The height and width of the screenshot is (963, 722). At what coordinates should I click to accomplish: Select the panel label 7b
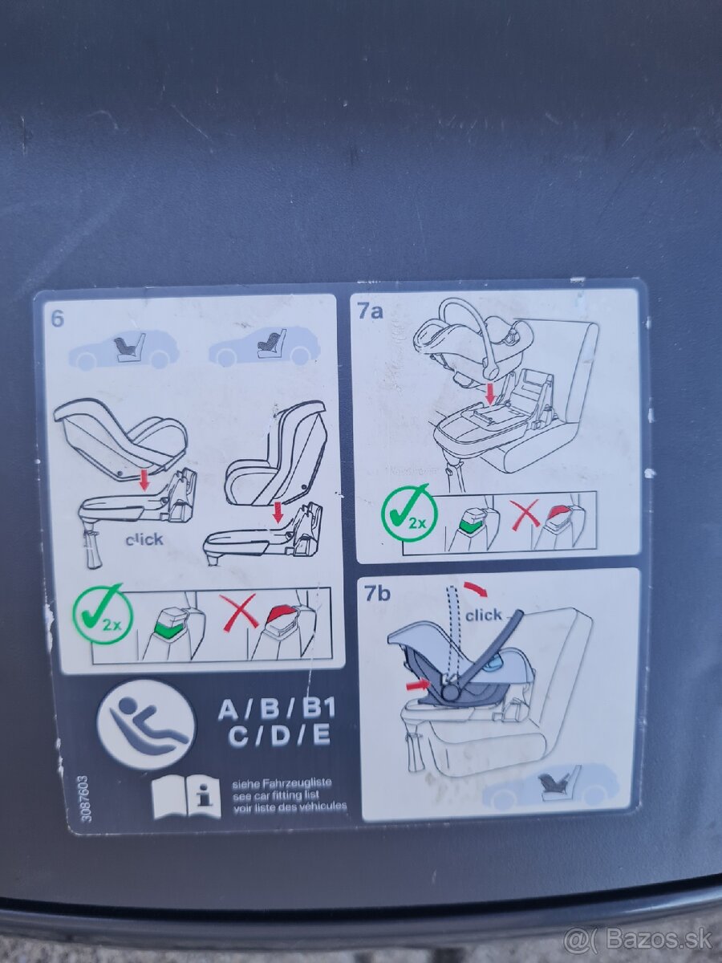tap(377, 594)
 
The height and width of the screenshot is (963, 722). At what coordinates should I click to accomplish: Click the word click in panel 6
tap(144, 539)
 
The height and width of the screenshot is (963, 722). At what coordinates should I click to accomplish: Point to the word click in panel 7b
tap(483, 615)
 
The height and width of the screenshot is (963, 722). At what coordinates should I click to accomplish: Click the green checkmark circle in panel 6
tap(103, 614)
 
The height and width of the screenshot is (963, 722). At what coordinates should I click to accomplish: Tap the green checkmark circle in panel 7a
tap(410, 511)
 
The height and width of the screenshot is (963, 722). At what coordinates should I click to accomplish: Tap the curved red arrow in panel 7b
tap(476, 589)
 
